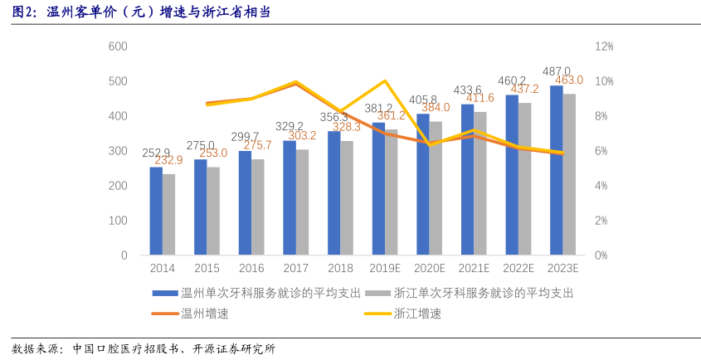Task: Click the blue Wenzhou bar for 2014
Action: tap(156, 211)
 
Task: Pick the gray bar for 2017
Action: tap(302, 202)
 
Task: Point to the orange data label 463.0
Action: tap(569, 80)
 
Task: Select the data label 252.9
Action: tap(156, 153)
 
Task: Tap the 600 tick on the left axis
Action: tap(118, 46)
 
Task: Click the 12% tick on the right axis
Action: tap(604, 46)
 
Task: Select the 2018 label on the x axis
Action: tap(340, 269)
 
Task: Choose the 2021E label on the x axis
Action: tap(474, 269)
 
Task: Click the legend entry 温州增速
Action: tap(204, 314)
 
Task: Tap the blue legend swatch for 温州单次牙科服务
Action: tap(164, 294)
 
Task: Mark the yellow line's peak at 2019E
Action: tap(384, 81)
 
